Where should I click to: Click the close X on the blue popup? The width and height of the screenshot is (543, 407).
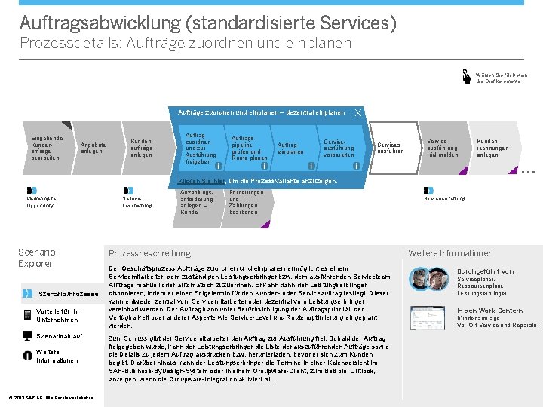pyautogui.click(x=357, y=113)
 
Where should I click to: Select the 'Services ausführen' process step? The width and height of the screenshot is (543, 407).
pyautogui.click(x=389, y=147)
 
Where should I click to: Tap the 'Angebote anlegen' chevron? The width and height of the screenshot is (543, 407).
pyautogui.click(x=94, y=147)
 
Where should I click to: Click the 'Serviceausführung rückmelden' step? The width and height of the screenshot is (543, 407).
pyautogui.click(x=442, y=147)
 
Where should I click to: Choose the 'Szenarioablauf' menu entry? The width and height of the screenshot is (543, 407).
pyautogui.click(x=59, y=336)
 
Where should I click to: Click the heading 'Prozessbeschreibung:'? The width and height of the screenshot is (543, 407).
pyautogui.click(x=150, y=253)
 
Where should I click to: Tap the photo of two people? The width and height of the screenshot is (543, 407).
pyautogui.click(x=429, y=280)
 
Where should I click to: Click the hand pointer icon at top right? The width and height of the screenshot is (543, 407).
pyautogui.click(x=466, y=75)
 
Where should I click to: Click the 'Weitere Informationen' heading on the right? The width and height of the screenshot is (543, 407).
pyautogui.click(x=450, y=253)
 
